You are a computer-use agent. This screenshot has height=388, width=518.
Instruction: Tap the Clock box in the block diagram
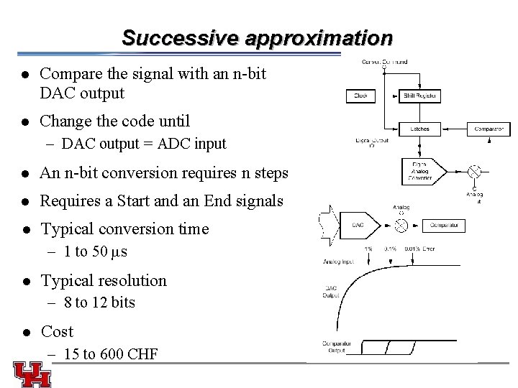[x=360, y=96]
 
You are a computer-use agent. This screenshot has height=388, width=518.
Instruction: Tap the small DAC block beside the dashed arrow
[x=358, y=225]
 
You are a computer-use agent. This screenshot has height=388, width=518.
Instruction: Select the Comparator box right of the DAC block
[x=447, y=225]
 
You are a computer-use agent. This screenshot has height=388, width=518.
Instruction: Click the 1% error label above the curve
[x=368, y=249]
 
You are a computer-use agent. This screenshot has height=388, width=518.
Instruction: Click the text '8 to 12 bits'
[x=99, y=302]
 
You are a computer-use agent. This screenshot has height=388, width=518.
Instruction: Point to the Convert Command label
[x=384, y=63]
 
